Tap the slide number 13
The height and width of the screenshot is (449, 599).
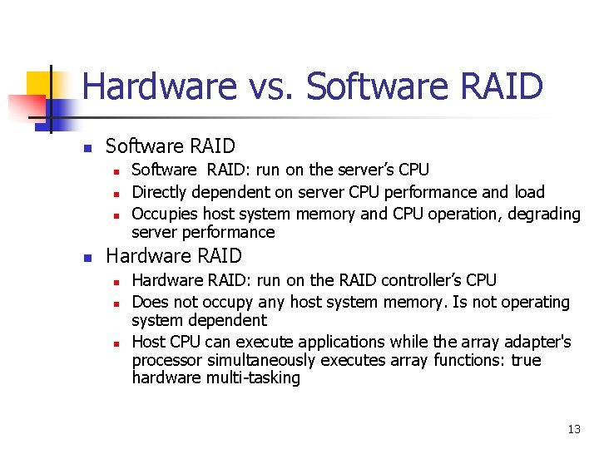tap(573, 429)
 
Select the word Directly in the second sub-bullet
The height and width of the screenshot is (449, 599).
tap(160, 192)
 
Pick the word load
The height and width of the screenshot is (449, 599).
tap(528, 192)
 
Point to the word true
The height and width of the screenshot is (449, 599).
tap(525, 360)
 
